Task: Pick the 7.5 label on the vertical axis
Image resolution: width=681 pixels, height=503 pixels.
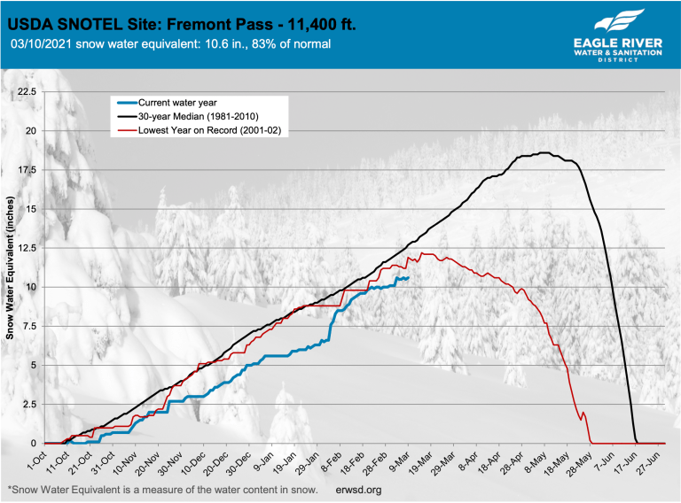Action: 29,326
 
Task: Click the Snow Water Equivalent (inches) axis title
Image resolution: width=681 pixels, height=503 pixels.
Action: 11,267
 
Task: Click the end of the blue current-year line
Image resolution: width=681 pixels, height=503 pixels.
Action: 408,277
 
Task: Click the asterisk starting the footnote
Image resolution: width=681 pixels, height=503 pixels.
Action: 9,489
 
